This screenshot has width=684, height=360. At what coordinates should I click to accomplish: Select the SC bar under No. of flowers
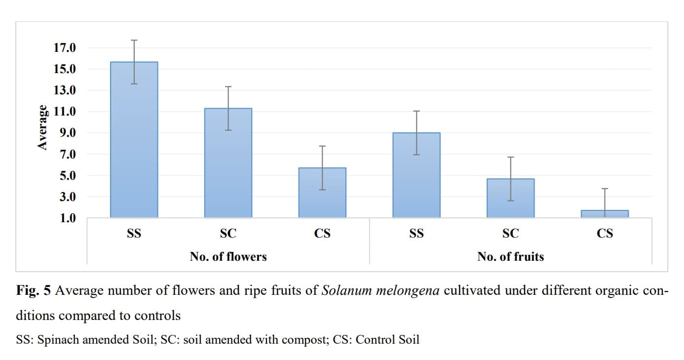click(228, 163)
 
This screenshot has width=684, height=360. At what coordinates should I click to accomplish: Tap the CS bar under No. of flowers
click(322, 193)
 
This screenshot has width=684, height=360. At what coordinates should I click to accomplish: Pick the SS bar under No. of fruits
click(417, 175)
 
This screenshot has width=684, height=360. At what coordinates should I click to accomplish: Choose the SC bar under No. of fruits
click(511, 198)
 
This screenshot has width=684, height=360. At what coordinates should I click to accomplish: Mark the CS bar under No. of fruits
click(605, 214)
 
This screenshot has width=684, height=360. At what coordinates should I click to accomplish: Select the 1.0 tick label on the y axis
click(67, 218)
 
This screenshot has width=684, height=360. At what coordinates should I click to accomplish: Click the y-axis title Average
click(43, 127)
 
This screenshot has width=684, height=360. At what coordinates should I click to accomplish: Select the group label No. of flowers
click(228, 257)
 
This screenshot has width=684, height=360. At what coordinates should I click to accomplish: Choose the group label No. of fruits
click(510, 257)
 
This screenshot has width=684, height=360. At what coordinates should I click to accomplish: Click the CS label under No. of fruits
click(605, 234)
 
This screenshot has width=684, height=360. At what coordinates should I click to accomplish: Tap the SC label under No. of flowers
click(228, 234)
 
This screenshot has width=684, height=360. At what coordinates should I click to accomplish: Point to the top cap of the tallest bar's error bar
click(134, 40)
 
